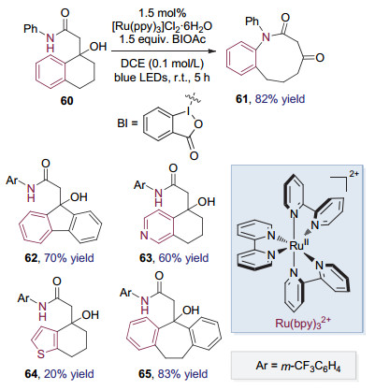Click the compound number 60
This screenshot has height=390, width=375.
coord(67,101)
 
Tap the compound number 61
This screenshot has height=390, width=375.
coord(241,99)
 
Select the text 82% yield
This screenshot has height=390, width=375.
coord(280,99)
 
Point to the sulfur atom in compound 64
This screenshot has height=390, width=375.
coord(41,354)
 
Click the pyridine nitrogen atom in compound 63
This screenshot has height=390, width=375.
coord(144,236)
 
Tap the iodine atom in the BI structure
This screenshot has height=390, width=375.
coord(187,110)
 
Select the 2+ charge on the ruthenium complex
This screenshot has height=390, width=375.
coord(353,174)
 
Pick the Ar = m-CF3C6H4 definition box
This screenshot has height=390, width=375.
coord(293,365)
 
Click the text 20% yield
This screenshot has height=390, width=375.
coord(69,373)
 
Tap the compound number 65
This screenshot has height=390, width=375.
coord(145,373)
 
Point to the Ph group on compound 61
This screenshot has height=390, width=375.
coord(252,22)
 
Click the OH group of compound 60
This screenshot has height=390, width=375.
coord(98,47)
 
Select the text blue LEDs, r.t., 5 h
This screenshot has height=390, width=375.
coord(162,77)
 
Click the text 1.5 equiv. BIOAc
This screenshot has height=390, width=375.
coord(162,39)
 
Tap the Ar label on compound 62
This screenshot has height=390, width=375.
coord(12,181)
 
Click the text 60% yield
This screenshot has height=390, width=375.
coord(183,258)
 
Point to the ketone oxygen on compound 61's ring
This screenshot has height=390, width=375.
coord(320,57)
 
